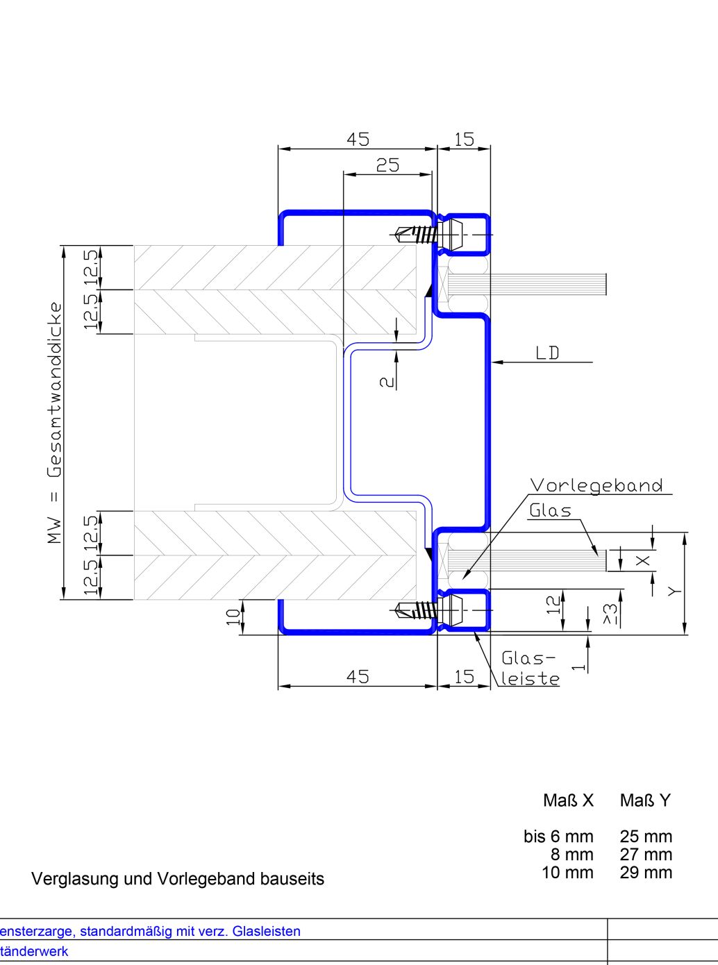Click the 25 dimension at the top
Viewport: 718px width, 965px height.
[387, 165]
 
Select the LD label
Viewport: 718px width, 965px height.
[547, 353]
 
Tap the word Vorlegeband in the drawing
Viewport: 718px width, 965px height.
[596, 485]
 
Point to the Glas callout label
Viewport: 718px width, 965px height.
[551, 511]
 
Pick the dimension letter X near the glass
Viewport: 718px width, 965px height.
[644, 560]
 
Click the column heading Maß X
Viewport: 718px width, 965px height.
[568, 800]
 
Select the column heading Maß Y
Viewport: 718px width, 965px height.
[645, 800]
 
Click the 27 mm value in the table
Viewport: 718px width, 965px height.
[646, 855]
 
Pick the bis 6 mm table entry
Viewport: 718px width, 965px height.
[558, 837]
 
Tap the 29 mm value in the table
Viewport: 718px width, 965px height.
[646, 873]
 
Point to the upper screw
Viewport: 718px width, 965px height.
[416, 235]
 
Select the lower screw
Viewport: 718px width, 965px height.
[416, 610]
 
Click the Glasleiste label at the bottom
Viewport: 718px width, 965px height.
[530, 668]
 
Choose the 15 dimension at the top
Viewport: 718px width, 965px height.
[464, 139]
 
